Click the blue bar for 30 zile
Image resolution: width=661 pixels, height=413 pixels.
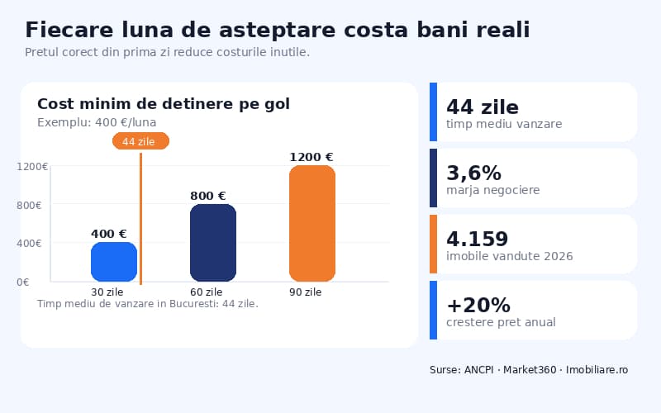[x=114, y=262]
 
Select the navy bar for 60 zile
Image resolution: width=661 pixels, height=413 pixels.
[x=213, y=243]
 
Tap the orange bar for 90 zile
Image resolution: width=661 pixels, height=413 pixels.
[x=312, y=224]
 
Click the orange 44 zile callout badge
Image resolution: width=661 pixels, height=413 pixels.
[x=140, y=141]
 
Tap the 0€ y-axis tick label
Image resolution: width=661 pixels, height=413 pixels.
[x=23, y=282]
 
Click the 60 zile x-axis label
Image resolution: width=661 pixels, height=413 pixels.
[x=206, y=292]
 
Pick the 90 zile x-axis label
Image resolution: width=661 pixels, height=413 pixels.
[x=305, y=292]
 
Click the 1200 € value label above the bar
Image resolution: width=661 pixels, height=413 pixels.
[x=311, y=157]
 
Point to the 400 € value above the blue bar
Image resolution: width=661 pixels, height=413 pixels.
[x=108, y=235]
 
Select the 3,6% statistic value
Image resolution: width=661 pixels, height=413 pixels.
[x=473, y=173]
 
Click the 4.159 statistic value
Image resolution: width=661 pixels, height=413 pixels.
[x=477, y=239]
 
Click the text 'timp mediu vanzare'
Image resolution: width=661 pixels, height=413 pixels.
[x=504, y=124]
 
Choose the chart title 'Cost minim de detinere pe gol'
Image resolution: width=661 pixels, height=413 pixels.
[x=163, y=104]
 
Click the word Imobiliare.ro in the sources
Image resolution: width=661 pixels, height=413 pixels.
[x=597, y=369]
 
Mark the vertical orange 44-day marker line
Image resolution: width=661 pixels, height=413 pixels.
[x=140, y=223]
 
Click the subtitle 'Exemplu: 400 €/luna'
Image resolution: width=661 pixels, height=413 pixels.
[x=97, y=122]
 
